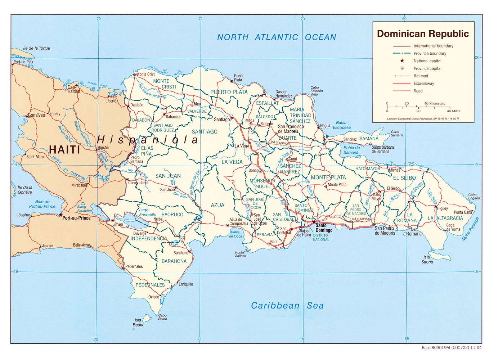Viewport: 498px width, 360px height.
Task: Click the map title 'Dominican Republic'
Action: (423, 34)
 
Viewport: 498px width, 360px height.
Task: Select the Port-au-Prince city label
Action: (76, 218)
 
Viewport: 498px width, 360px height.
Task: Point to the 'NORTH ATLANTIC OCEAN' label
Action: (277, 37)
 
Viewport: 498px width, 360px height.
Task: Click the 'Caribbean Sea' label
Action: (287, 306)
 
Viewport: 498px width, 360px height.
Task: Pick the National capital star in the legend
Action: (402, 61)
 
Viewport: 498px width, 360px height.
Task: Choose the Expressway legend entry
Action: (423, 84)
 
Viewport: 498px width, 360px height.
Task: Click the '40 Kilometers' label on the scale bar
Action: (434, 103)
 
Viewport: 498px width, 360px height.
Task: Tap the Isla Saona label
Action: (427, 260)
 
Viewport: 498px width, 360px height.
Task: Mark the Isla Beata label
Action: (138, 322)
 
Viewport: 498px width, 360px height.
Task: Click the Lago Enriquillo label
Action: (148, 212)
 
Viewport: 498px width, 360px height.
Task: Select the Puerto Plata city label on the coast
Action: (239, 78)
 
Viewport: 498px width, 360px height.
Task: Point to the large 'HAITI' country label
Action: (64, 149)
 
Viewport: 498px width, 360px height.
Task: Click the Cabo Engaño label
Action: (474, 196)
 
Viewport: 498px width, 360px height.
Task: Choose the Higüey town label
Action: (443, 208)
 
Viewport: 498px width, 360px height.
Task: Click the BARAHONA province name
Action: (174, 261)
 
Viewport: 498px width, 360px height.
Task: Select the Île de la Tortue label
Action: (36, 48)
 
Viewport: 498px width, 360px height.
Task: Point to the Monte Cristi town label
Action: (146, 74)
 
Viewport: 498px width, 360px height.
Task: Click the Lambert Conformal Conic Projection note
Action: (423, 118)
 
